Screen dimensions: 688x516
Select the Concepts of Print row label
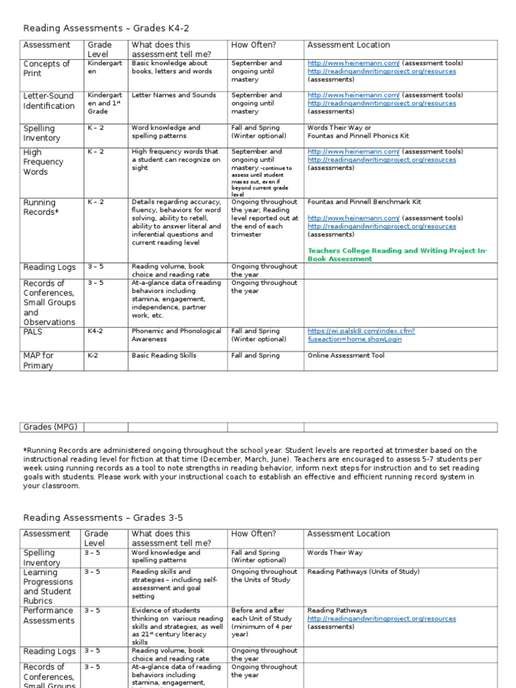(46, 69)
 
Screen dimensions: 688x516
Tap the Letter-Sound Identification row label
(49, 101)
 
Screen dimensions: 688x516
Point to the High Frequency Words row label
(44, 162)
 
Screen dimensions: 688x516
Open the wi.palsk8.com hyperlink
(361, 335)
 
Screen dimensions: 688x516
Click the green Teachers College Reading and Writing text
(397, 254)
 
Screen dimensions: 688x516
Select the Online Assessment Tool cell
(346, 355)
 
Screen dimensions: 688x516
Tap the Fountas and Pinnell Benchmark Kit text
(365, 202)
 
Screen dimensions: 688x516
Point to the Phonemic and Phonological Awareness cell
(176, 335)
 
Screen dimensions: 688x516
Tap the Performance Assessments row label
(48, 615)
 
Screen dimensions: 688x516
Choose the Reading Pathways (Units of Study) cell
(363, 572)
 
